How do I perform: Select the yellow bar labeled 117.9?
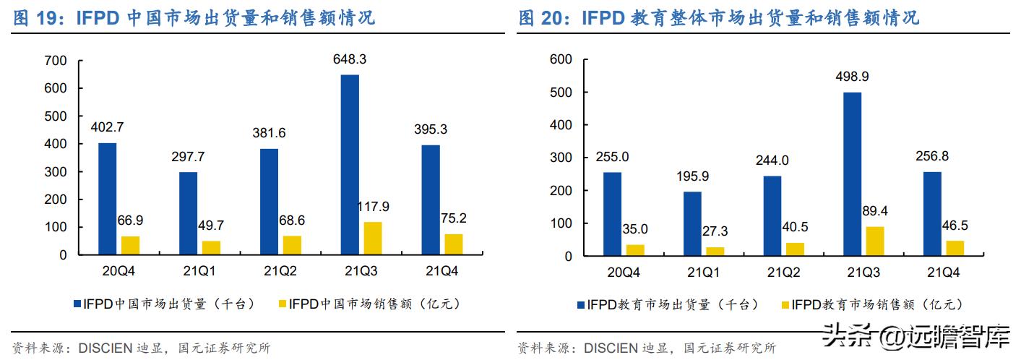click(373, 239)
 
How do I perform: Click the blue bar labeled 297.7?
click(188, 213)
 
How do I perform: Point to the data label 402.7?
click(107, 127)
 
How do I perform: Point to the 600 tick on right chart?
click(561, 59)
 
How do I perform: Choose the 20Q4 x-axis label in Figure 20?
click(623, 273)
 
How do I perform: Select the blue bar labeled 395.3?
click(431, 200)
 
